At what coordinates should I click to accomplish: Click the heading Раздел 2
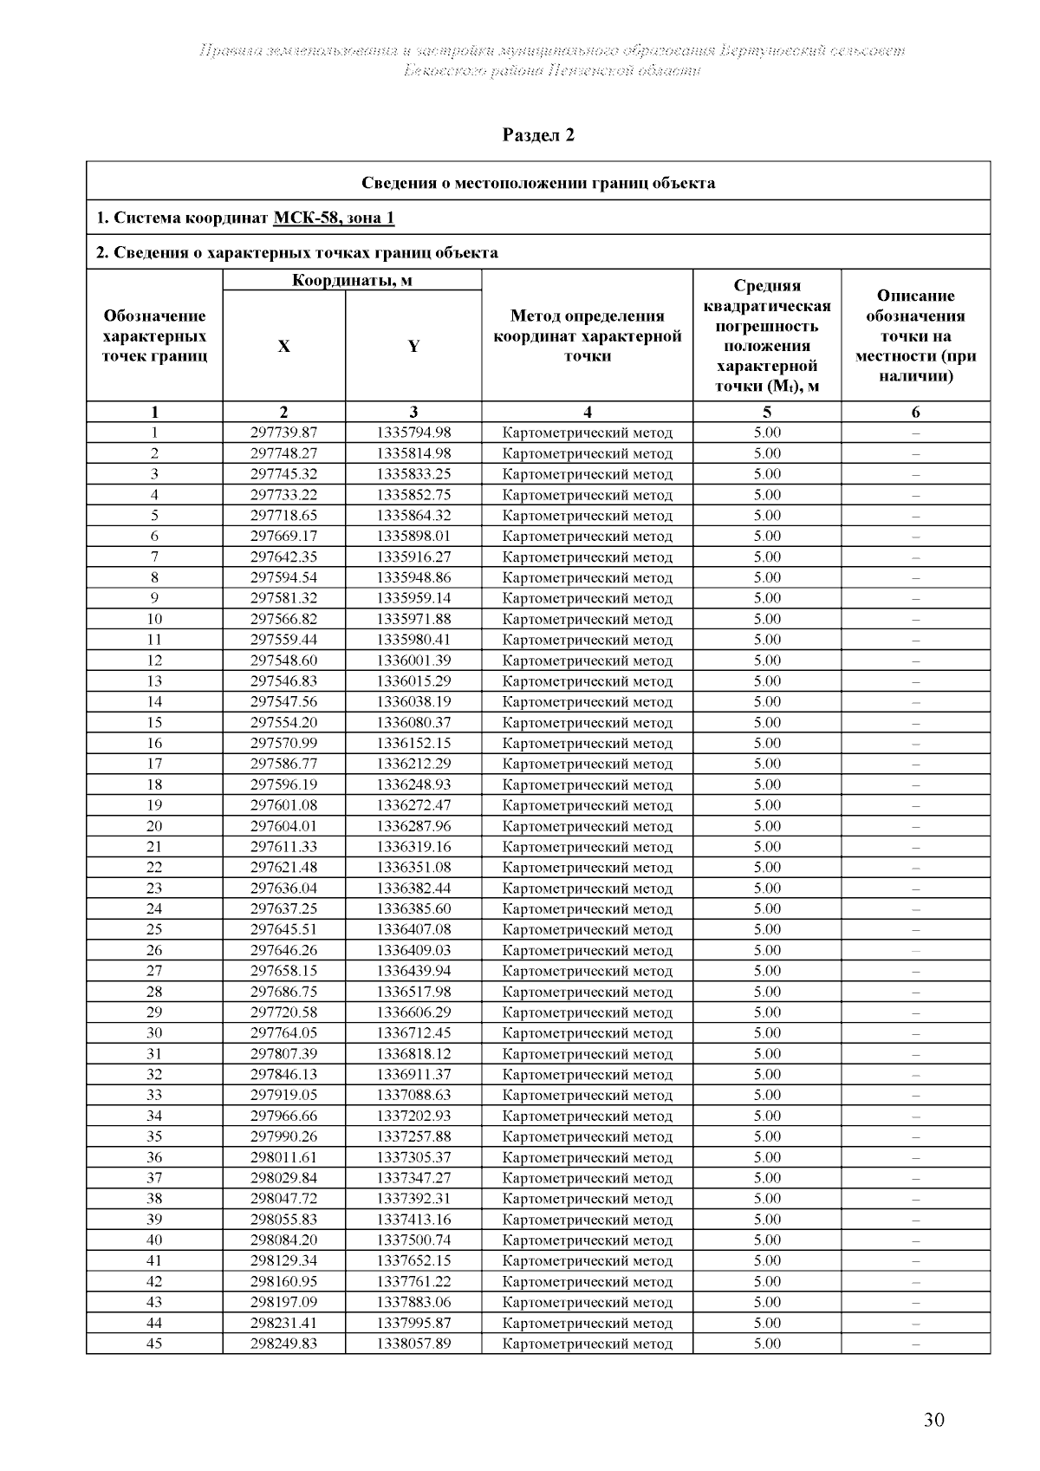[538, 135]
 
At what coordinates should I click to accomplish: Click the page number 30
[933, 1420]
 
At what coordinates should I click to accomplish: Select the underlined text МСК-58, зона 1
[334, 218]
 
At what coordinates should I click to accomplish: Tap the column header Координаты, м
[352, 280]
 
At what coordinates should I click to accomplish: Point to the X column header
[283, 347]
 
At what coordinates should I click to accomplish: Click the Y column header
[413, 347]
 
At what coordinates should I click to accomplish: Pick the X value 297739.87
[283, 433]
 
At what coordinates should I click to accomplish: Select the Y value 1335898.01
[413, 537]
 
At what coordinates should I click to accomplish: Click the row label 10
[154, 619]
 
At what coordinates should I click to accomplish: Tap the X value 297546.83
[283, 681]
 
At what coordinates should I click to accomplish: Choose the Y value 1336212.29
[413, 764]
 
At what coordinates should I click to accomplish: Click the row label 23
[154, 888]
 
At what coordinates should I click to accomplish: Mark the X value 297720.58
[283, 1012]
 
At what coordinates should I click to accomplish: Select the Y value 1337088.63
[413, 1095]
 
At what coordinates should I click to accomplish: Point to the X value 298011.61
[283, 1157]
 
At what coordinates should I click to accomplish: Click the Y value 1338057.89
[413, 1344]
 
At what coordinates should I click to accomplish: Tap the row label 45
[154, 1344]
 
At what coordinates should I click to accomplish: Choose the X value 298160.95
[283, 1281]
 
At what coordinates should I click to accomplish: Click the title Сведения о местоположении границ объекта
[538, 183]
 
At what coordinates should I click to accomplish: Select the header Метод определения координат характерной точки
[588, 336]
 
